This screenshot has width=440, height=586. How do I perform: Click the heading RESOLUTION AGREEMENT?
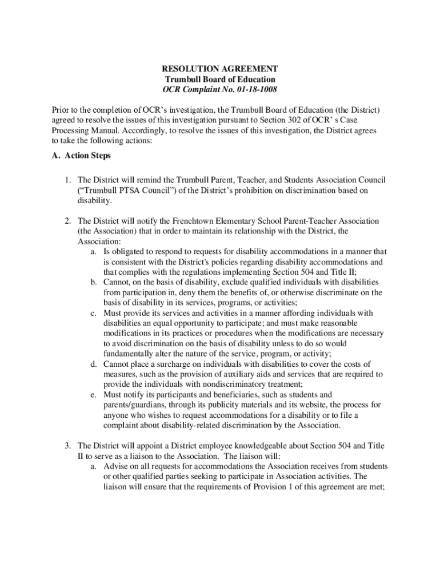(220, 69)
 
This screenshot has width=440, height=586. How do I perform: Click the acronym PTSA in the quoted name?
(129, 190)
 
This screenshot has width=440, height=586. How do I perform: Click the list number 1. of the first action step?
(67, 180)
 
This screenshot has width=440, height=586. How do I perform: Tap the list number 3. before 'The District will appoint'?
(67, 446)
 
